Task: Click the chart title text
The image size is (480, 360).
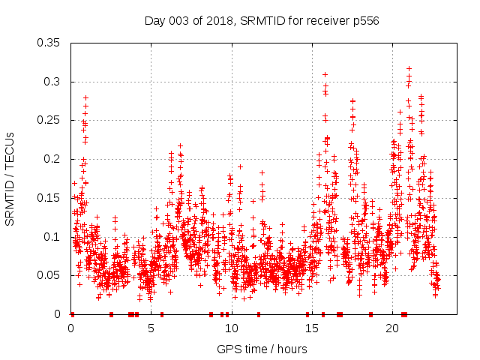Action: (x=261, y=20)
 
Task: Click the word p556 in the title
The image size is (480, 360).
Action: (x=365, y=20)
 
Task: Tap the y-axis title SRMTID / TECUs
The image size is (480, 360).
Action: (x=10, y=178)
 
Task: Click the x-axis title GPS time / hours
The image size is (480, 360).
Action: (x=261, y=349)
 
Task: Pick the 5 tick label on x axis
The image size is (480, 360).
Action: (x=151, y=328)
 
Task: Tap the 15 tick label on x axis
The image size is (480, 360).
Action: (x=311, y=328)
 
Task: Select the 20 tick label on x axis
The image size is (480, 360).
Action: (x=391, y=328)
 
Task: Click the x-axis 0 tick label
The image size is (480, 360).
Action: (x=71, y=328)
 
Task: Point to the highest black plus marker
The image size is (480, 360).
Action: (x=409, y=68)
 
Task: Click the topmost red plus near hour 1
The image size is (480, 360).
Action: (x=86, y=97)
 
